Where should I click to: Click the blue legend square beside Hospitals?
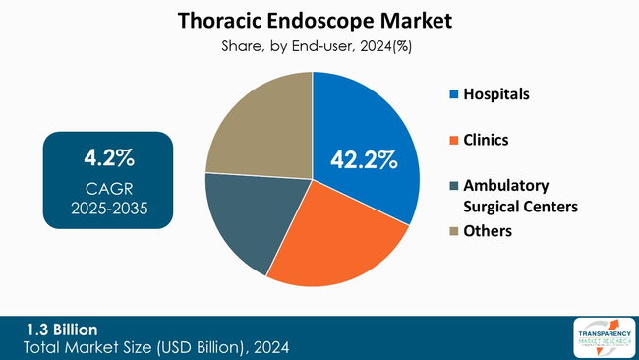453,95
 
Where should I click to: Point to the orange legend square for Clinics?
453,141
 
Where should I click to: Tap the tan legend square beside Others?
453,231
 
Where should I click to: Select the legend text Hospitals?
496,95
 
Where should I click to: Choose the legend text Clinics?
486,141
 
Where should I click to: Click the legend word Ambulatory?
506,185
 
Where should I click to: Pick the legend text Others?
489,231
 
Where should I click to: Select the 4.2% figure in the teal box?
108,157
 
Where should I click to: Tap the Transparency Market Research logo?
601,338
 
